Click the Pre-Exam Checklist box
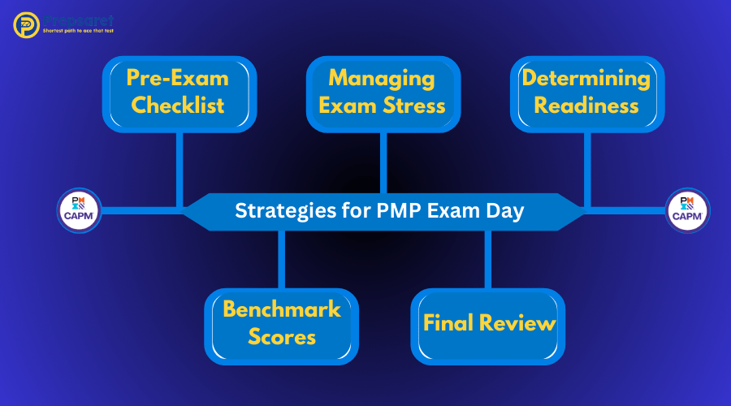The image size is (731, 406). [179, 93]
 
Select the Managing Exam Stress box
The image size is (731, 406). [383, 93]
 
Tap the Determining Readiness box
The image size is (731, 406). [586, 93]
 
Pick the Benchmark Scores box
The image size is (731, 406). [281, 324]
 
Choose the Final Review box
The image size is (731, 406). [488, 324]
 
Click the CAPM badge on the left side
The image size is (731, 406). [80, 210]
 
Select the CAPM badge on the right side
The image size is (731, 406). [687, 210]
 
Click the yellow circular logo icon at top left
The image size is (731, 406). [27, 24]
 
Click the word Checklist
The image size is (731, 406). [179, 106]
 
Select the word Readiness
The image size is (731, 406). [586, 106]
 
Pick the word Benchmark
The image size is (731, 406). [281, 310]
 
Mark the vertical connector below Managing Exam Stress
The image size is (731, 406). [383, 162]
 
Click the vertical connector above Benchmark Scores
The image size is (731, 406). [281, 258]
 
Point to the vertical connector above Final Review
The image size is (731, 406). [488, 258]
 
